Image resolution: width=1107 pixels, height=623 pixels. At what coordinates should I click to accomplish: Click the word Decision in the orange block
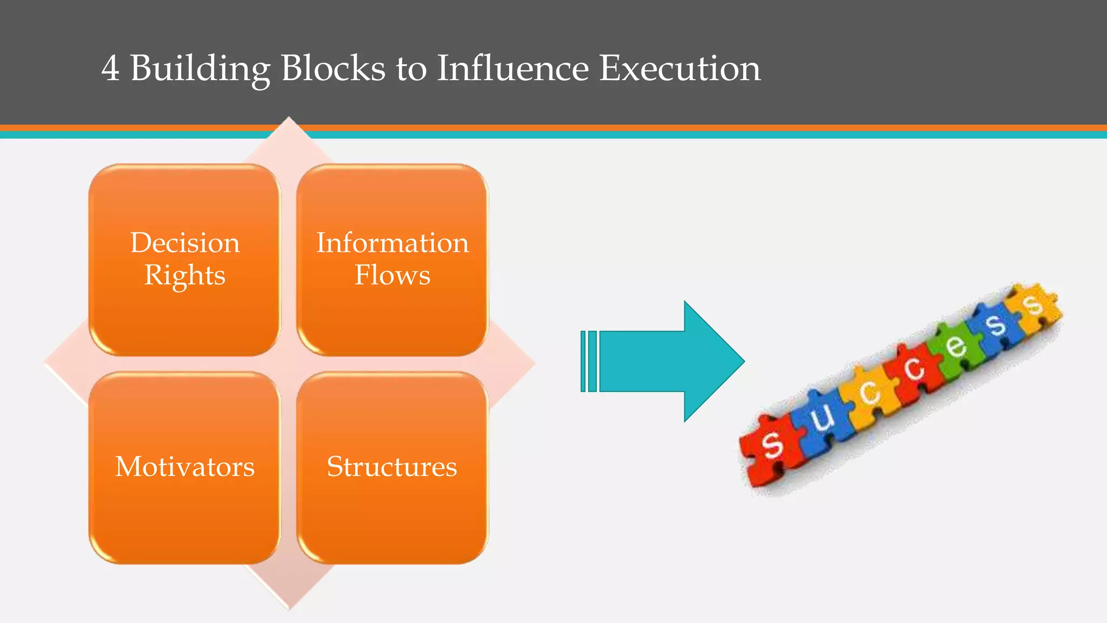(x=185, y=243)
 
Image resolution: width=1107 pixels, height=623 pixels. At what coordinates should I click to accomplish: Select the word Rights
(x=185, y=275)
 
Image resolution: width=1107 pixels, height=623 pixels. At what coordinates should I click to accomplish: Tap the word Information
(x=392, y=243)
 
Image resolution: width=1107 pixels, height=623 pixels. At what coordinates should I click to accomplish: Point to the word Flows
(x=392, y=275)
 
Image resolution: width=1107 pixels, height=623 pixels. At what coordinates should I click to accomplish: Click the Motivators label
(x=185, y=467)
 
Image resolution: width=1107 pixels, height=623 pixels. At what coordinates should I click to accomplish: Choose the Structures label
(x=392, y=467)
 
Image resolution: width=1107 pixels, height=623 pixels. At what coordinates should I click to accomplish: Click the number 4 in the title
(x=110, y=69)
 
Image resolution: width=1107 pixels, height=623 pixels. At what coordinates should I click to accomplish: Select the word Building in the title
(x=200, y=69)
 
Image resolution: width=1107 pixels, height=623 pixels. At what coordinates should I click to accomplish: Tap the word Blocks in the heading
(x=333, y=69)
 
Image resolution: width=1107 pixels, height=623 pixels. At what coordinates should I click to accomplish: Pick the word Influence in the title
(x=512, y=69)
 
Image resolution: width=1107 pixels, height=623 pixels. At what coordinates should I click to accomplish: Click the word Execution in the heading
(x=680, y=69)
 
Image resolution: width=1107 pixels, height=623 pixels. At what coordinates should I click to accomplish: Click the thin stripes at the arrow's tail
(x=589, y=361)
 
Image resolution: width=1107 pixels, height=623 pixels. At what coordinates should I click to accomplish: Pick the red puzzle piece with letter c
(x=913, y=370)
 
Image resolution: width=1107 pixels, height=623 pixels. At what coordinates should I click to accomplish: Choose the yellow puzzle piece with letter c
(x=869, y=393)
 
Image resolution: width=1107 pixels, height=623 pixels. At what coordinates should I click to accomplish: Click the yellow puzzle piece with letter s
(x=1033, y=306)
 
